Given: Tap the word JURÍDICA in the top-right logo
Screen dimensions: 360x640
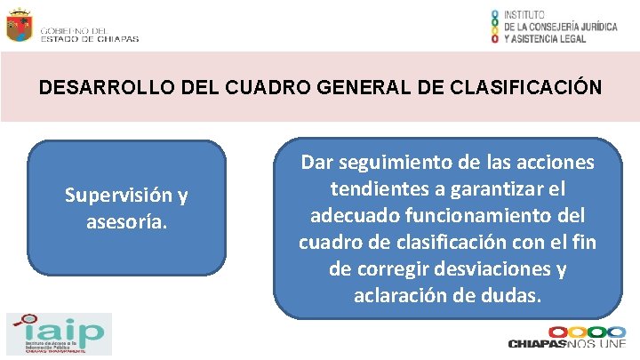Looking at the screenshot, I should coord(594,27).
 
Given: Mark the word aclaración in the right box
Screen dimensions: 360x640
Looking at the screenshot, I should coord(401,295).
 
